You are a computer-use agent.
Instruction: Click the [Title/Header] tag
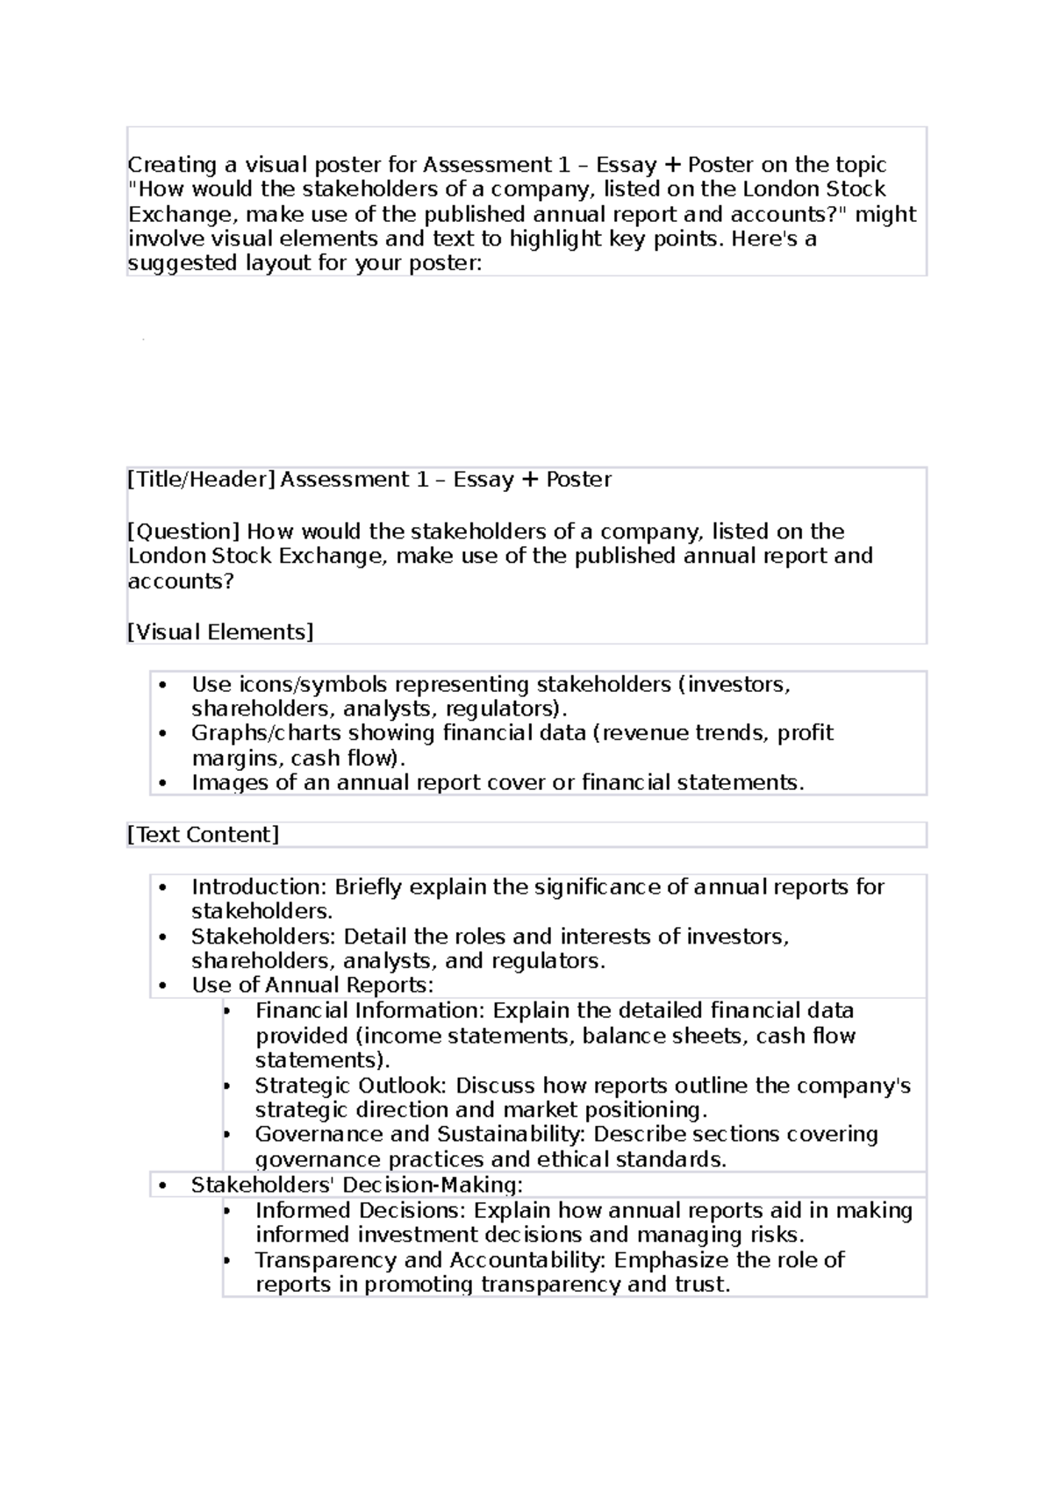(202, 480)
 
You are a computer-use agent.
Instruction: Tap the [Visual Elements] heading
(220, 631)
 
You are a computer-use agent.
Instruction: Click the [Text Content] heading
(203, 834)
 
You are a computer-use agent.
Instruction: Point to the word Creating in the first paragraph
(172, 165)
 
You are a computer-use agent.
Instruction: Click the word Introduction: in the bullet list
(260, 887)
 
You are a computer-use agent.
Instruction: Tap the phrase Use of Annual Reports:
(312, 985)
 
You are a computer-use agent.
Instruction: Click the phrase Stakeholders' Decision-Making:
(356, 1185)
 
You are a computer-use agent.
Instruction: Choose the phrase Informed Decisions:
(361, 1210)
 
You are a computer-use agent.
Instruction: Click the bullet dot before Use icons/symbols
(163, 684)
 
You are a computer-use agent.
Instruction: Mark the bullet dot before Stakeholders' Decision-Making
(163, 1186)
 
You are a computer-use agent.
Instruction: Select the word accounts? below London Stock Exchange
(181, 581)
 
